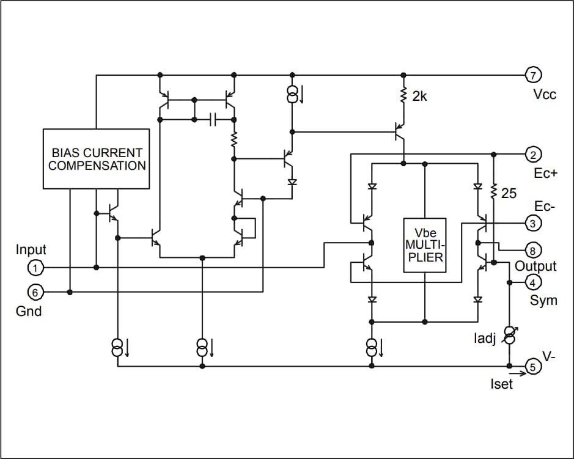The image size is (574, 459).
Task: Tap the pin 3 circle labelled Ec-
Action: [533, 223]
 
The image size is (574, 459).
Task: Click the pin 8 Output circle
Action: [533, 250]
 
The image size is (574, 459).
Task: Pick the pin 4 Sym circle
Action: [533, 282]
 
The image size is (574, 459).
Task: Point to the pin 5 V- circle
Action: [533, 367]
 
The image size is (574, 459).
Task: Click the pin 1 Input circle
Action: [35, 268]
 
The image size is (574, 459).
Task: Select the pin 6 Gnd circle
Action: [35, 293]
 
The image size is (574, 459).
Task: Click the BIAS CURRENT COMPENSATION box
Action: [96, 159]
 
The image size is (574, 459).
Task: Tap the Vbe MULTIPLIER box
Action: [424, 245]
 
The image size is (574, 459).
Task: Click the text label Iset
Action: [501, 384]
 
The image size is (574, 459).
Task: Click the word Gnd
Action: [29, 312]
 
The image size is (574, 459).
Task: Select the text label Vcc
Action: [545, 95]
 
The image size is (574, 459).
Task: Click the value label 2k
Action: [420, 96]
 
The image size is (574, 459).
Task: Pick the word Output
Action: [535, 266]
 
